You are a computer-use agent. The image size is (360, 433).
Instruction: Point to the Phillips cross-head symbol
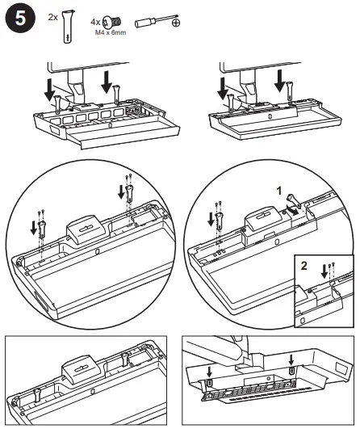[177, 25]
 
